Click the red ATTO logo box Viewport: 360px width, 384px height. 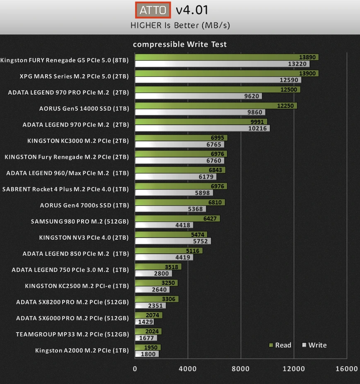[x=153, y=10]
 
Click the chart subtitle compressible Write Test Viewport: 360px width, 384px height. [x=180, y=44]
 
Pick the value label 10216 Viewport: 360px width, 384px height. [x=259, y=129]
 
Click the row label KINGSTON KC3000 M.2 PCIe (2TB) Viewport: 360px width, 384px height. [x=78, y=141]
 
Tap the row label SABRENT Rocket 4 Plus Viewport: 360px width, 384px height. [x=65, y=189]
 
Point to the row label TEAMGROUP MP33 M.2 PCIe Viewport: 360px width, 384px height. [x=72, y=334]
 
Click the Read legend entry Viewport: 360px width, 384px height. [x=280, y=345]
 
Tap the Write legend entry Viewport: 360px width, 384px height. [x=314, y=345]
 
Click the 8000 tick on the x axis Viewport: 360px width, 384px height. [x=241, y=369]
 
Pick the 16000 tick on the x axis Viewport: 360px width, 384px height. [x=347, y=369]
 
